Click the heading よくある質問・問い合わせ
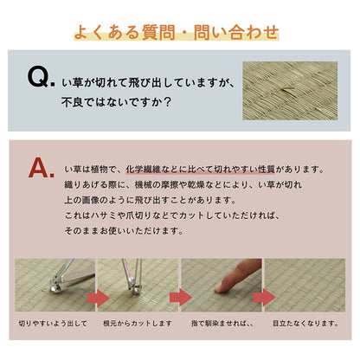click(x=180, y=34)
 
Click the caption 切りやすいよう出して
click(x=54, y=324)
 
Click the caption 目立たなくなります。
click(x=305, y=324)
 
